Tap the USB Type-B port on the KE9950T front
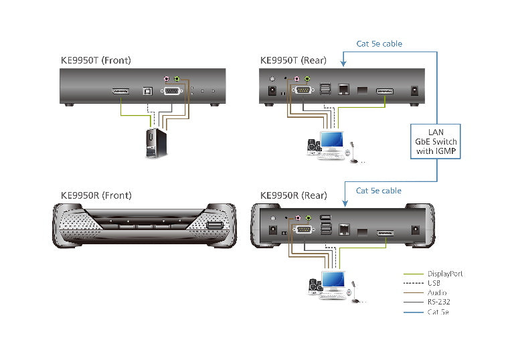coord(149,90)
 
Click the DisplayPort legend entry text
coord(445,274)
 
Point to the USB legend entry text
coord(434,283)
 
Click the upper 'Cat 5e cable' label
coord(379,44)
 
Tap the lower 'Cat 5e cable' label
coord(379,191)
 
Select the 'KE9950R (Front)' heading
coord(96,195)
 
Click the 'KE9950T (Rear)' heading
coord(293,61)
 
